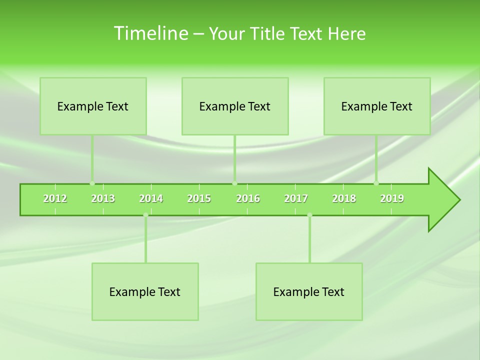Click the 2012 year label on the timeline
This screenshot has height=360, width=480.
55,198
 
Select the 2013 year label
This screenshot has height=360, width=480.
103,198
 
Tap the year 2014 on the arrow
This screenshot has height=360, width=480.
151,198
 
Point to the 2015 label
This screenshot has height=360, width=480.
199,198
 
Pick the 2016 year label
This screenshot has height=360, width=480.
248,198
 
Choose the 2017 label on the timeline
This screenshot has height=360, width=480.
296,198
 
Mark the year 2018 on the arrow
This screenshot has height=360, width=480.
344,198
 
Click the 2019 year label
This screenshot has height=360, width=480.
392,198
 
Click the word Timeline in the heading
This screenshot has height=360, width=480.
150,33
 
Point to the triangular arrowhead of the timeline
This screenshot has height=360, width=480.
443,200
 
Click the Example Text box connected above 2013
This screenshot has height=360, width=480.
93,106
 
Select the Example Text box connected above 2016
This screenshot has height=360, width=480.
235,106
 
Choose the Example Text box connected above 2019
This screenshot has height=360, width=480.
377,106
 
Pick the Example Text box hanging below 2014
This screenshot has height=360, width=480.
145,291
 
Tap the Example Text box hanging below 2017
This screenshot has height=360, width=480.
309,291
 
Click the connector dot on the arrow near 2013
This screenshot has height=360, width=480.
92,183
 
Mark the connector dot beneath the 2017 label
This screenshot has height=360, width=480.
309,215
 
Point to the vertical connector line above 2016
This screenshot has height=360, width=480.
234,157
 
